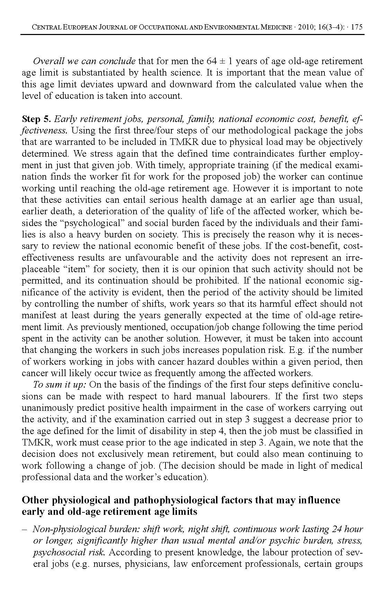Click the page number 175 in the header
click(x=357, y=27)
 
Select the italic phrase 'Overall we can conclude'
click(x=84, y=61)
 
